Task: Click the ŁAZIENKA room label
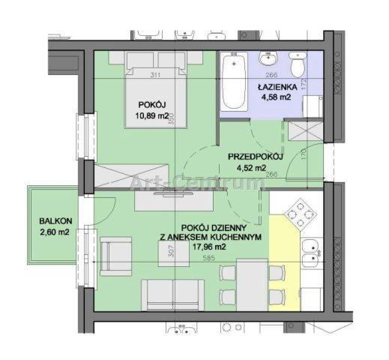(277, 87)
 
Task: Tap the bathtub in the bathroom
(234, 81)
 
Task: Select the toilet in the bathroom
(298, 64)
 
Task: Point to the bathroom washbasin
(268, 58)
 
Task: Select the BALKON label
(55, 221)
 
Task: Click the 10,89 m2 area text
(152, 115)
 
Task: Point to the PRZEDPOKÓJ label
(256, 157)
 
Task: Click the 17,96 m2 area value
(209, 247)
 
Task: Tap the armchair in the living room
(115, 256)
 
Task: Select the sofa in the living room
(172, 295)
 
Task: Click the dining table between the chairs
(253, 285)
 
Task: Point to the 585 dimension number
(209, 258)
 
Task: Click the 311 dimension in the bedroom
(155, 74)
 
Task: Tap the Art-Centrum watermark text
(197, 182)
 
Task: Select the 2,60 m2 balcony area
(55, 232)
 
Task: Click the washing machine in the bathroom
(313, 106)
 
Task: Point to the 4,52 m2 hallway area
(251, 168)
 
